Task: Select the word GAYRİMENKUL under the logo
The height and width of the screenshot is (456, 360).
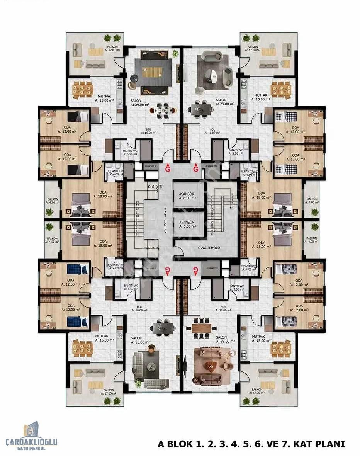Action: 31,448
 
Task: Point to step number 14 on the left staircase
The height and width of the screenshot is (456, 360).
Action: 137,202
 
